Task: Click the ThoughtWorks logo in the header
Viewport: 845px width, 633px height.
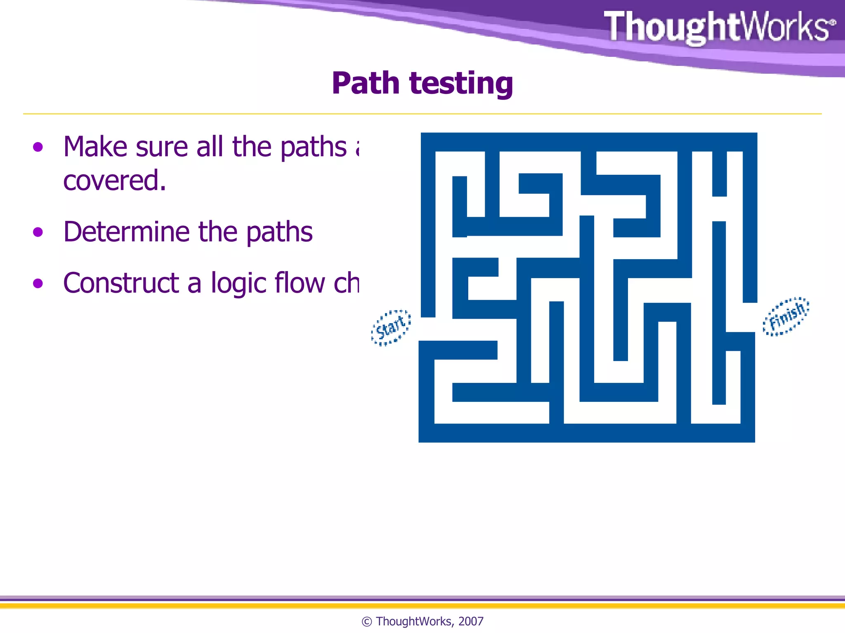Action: [720, 27]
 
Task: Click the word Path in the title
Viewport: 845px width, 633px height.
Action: [366, 83]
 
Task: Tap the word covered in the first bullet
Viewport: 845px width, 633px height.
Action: [114, 181]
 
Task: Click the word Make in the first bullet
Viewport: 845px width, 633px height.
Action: [95, 147]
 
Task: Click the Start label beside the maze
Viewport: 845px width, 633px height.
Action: [391, 328]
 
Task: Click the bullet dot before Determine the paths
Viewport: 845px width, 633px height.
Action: [38, 232]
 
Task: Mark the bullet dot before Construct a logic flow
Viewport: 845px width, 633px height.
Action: [38, 284]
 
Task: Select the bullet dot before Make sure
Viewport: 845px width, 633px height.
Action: [38, 147]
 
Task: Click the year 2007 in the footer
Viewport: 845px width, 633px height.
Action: [471, 621]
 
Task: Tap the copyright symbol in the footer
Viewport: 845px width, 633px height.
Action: [366, 621]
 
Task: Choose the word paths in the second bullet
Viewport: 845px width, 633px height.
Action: [279, 232]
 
